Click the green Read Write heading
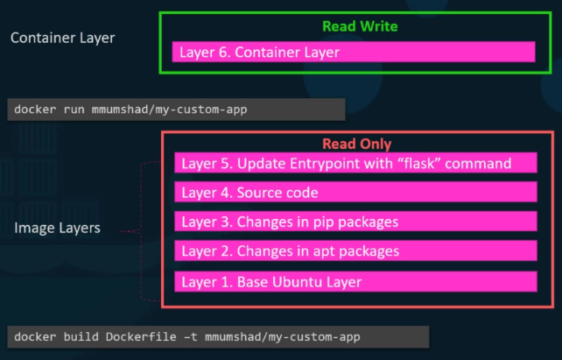[360, 26]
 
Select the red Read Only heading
[356, 144]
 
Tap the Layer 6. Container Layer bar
[354, 53]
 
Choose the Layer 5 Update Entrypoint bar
[355, 164]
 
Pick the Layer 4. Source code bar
[355, 193]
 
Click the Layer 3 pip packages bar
[355, 222]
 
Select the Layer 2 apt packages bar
[355, 251]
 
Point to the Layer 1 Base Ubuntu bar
[355, 282]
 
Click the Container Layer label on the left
[62, 38]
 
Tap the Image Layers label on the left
[56, 229]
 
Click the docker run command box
[175, 109]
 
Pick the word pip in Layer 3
[315, 222]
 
